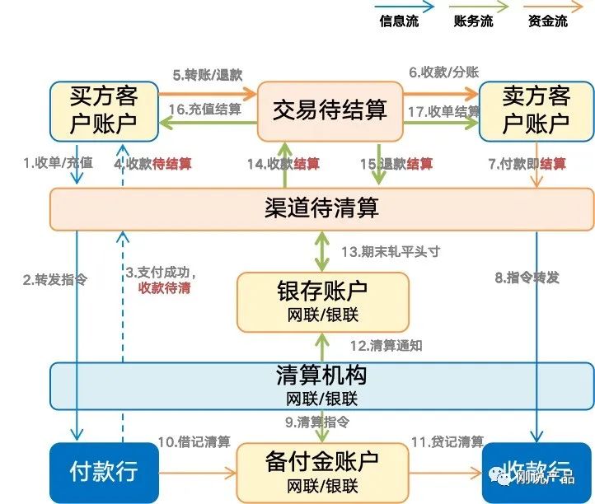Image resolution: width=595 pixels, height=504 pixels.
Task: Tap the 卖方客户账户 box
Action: pyautogui.click(x=536, y=111)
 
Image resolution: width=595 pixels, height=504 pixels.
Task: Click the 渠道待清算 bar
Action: pyautogui.click(x=321, y=208)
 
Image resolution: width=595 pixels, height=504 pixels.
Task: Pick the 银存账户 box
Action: pyautogui.click(x=322, y=301)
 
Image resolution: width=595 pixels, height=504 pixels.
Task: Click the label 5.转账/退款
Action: pyautogui.click(x=208, y=75)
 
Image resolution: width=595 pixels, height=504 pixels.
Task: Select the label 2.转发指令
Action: pyautogui.click(x=54, y=279)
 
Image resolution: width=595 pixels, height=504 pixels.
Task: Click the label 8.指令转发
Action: pyautogui.click(x=527, y=278)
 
